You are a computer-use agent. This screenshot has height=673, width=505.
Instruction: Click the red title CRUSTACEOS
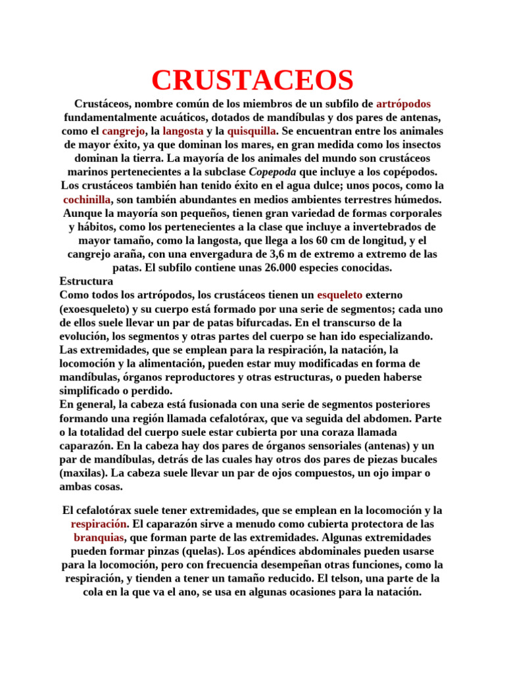(x=252, y=80)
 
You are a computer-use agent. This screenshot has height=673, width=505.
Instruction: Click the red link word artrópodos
(x=403, y=104)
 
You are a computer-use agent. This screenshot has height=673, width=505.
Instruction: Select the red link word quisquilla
(x=252, y=131)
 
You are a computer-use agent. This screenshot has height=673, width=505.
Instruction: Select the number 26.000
(x=244, y=267)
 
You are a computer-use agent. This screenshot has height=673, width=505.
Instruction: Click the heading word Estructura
(x=86, y=281)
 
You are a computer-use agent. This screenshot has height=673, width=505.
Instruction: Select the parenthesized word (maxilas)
(x=84, y=473)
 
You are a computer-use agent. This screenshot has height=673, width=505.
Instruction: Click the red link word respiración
(x=98, y=524)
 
